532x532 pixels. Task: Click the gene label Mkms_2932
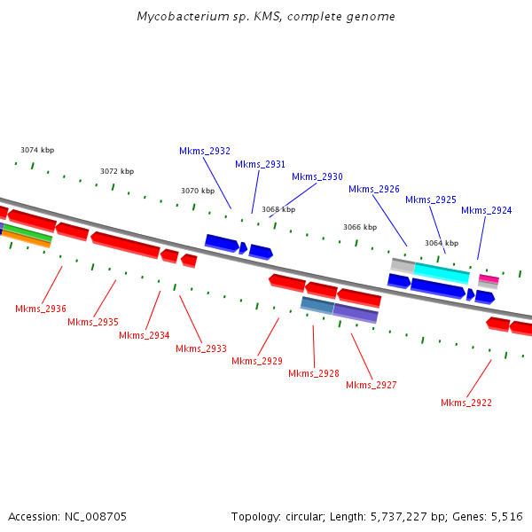point(205,151)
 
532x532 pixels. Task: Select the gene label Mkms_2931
point(261,164)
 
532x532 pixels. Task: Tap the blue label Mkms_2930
point(317,176)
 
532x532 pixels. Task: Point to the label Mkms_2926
point(374,189)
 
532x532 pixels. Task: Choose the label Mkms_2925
point(431,199)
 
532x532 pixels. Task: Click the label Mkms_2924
point(487,210)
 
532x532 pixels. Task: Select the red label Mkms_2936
point(41,309)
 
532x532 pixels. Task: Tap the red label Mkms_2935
point(93,322)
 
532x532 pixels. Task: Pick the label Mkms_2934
point(145,335)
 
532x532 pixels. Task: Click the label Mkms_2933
point(201,348)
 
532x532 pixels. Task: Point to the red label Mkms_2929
point(257,361)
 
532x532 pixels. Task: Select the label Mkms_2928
point(314,373)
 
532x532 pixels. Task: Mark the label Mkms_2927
point(372,385)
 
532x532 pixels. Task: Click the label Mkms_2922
point(466,403)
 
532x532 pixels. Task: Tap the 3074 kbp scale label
point(37,150)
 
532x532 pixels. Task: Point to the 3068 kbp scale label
point(278,209)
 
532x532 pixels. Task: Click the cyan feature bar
point(442,273)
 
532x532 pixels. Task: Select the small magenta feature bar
point(489,279)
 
